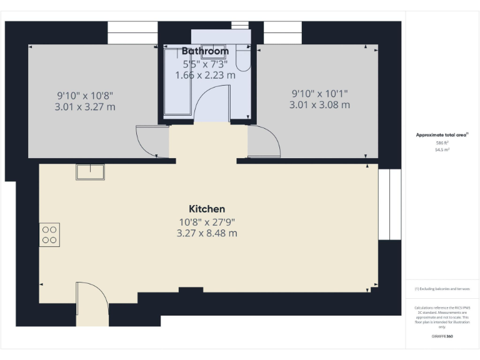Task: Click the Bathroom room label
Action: pyautogui.click(x=205, y=51)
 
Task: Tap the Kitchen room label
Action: pyautogui.click(x=207, y=209)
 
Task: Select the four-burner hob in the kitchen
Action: pyautogui.click(x=49, y=234)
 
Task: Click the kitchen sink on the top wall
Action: pyautogui.click(x=90, y=172)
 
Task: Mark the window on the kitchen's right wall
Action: pyautogui.click(x=389, y=204)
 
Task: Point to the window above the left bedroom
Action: pyautogui.click(x=132, y=33)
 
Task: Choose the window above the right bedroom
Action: pyautogui.click(x=283, y=33)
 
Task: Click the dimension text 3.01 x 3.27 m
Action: pyautogui.click(x=85, y=107)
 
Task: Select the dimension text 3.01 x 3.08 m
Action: pyautogui.click(x=319, y=105)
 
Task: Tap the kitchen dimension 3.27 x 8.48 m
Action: pyautogui.click(x=207, y=233)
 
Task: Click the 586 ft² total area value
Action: pyautogui.click(x=442, y=143)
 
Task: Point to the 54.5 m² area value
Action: pyautogui.click(x=442, y=150)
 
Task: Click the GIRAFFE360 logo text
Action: pyautogui.click(x=442, y=336)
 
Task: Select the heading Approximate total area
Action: pyautogui.click(x=442, y=134)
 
